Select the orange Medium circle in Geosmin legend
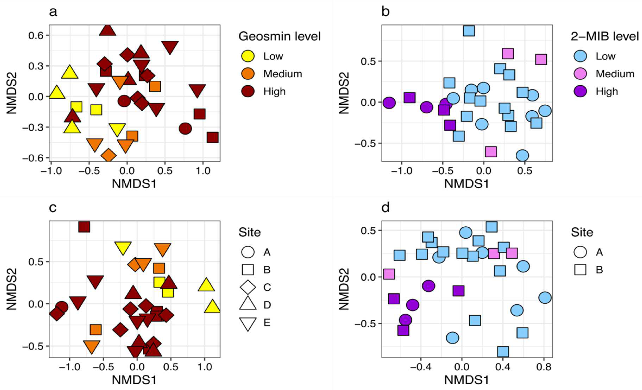pyautogui.click(x=248, y=74)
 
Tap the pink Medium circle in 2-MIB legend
pyautogui.click(x=580, y=74)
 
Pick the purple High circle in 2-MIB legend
pyautogui.click(x=580, y=92)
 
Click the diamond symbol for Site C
pyautogui.click(x=248, y=287)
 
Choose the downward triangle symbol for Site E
pyautogui.click(x=248, y=323)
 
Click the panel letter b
pyautogui.click(x=385, y=12)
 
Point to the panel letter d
pyautogui.click(x=385, y=208)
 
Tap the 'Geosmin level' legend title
pyautogui.click(x=280, y=36)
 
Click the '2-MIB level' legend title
pyautogui.click(x=605, y=36)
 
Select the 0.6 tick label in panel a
pyautogui.click(x=36, y=35)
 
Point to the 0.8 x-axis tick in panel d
pyautogui.click(x=544, y=367)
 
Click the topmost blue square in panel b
pyautogui.click(x=469, y=31)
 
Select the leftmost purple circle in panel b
pyautogui.click(x=389, y=103)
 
